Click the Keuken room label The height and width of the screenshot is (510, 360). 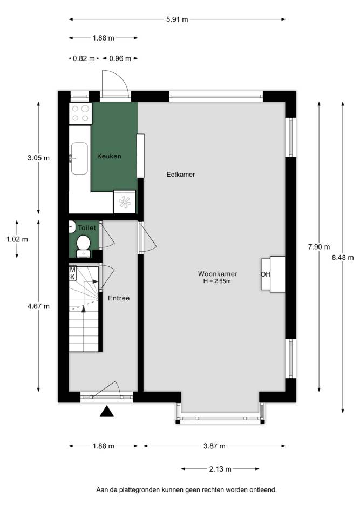[109, 156]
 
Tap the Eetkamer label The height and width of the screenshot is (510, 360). [181, 175]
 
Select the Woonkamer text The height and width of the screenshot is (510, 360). [218, 274]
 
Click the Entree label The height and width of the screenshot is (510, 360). [119, 298]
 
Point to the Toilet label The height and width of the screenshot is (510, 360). [87, 227]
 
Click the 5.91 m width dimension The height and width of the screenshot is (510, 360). [177, 19]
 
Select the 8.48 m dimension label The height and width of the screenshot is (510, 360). [343, 258]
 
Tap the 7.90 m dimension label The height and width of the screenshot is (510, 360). [319, 247]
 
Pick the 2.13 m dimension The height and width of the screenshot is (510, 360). [220, 469]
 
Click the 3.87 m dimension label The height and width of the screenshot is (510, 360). [214, 446]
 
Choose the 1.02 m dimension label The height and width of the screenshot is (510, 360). [17, 239]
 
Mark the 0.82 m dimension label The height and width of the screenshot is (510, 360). [84, 58]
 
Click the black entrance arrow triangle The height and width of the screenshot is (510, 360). [106, 412]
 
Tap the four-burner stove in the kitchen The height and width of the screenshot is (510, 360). [80, 113]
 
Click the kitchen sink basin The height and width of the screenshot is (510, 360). [79, 158]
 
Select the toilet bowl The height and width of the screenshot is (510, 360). [84, 243]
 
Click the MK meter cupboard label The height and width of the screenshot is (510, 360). [72, 273]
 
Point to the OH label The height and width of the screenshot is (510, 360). [266, 274]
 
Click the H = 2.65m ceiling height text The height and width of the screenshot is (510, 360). [217, 281]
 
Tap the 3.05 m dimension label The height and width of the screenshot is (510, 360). [38, 158]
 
